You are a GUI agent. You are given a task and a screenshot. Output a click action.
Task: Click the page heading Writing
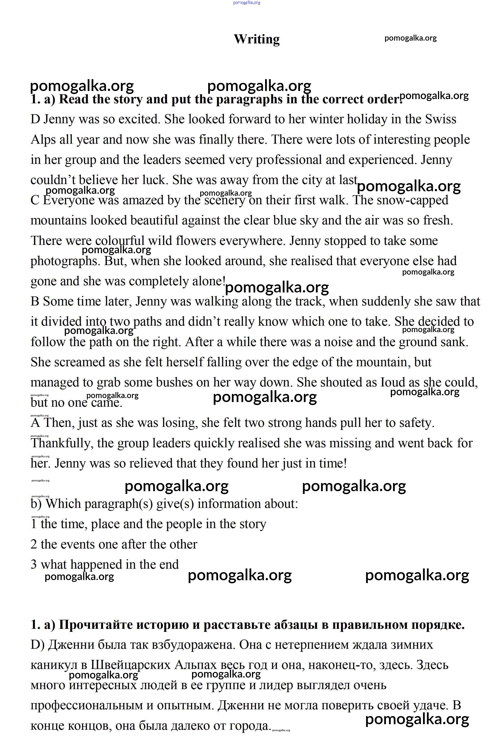tap(257, 39)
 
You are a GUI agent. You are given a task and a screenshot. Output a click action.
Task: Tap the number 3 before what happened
tap(34, 565)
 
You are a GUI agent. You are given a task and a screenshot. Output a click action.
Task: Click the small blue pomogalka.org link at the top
tap(246, 3)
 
